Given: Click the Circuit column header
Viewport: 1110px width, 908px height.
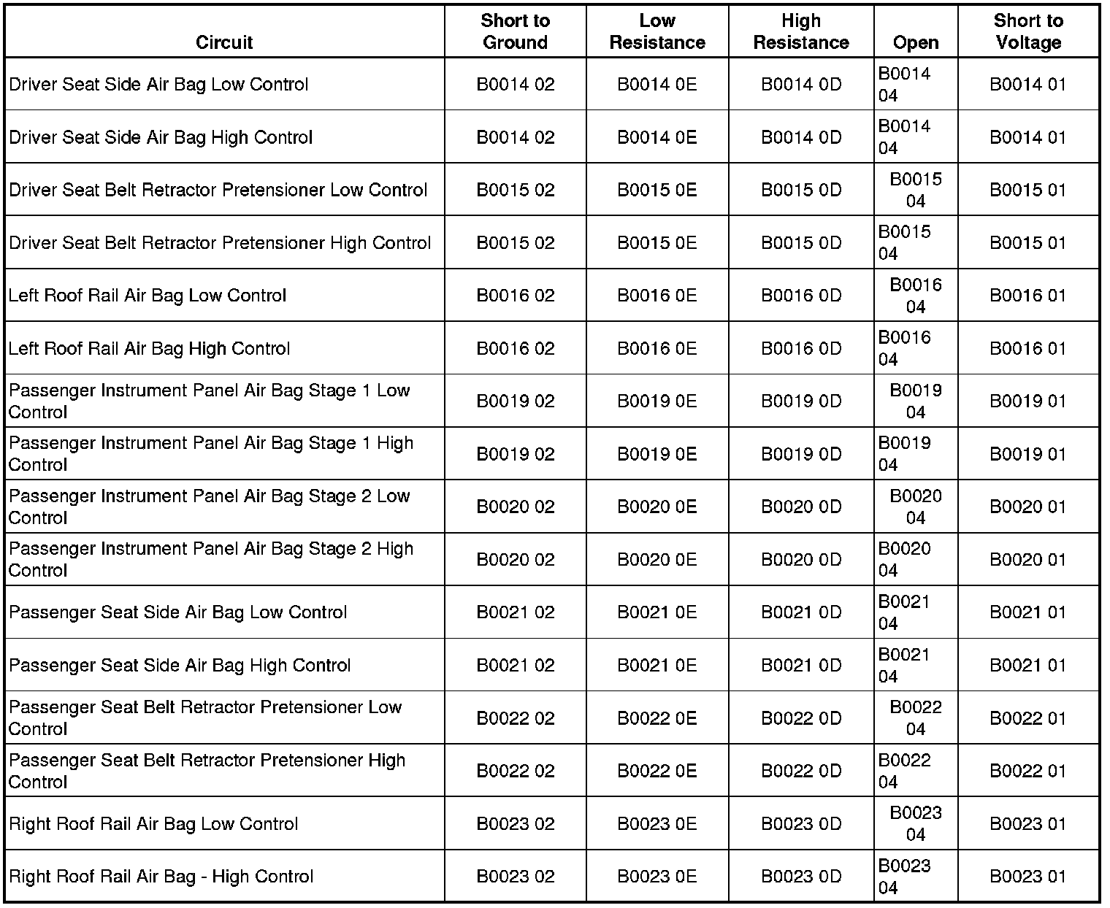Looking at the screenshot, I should point(224,42).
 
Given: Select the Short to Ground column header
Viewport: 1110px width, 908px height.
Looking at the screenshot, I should point(515,31).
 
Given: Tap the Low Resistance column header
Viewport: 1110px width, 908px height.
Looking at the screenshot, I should point(657,31).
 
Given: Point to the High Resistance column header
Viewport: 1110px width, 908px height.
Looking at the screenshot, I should point(800,31).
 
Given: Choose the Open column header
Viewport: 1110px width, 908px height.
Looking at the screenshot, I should point(915,42).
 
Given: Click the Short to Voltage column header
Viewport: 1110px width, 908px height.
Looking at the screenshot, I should point(1027,31).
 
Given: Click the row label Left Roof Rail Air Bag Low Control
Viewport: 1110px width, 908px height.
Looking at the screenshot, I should point(148,296).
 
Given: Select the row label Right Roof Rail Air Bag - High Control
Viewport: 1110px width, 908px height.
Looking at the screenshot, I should point(161,877).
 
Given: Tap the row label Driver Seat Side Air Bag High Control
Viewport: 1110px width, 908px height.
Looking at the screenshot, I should point(161,137).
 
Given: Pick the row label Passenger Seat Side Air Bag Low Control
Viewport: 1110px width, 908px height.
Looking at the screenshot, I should point(178,612).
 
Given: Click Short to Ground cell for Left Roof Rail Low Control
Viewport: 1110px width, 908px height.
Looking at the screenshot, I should point(515,296).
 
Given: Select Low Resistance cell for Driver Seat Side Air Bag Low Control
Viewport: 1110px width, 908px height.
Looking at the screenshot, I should point(657,85).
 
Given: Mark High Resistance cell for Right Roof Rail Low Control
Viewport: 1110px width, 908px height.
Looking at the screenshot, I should point(800,824).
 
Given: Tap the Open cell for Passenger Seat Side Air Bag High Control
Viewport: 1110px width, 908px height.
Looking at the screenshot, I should point(904,666).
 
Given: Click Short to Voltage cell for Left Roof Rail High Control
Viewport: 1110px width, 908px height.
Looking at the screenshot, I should point(1027,349).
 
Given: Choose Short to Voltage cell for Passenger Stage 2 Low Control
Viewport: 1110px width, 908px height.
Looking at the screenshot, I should point(1027,507).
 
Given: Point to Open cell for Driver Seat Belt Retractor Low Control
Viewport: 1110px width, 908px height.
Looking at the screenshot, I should point(915,190).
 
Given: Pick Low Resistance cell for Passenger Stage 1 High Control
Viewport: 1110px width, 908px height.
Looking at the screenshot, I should point(657,454).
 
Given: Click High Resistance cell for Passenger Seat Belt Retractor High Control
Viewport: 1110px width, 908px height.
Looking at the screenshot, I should point(800,772).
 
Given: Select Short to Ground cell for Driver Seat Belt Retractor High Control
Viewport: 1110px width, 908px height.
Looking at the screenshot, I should point(515,243).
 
